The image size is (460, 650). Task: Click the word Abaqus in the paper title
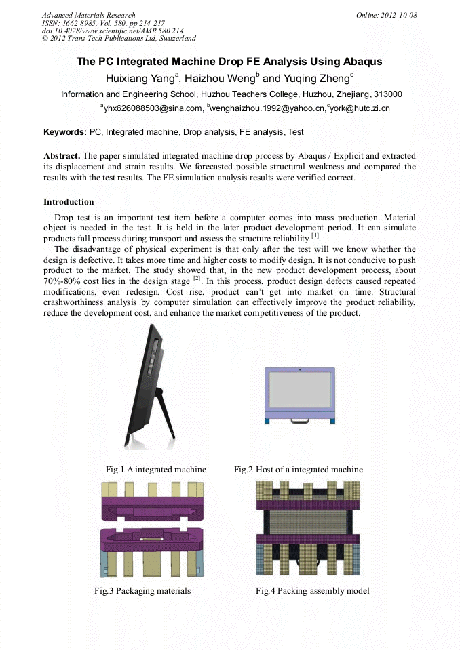360,62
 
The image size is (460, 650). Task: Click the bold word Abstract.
62,156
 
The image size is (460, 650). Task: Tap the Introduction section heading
69,202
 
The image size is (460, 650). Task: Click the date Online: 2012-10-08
386,15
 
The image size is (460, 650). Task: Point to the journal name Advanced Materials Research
88,15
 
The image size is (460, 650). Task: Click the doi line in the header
113,31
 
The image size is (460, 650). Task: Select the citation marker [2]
196,279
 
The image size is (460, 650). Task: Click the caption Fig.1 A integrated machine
155,470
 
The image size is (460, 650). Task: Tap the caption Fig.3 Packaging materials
142,591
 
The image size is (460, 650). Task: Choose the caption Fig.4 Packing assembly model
312,591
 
